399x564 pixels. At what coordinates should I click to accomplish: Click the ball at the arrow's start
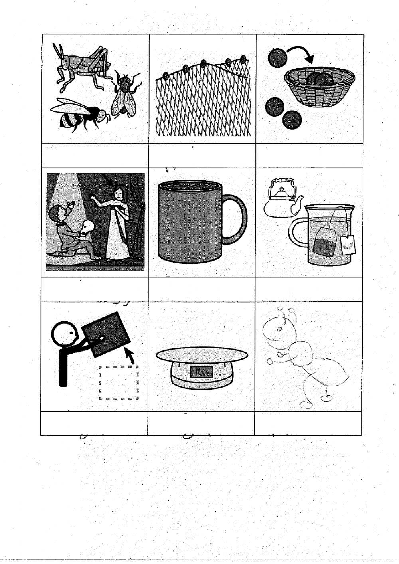coord(277,57)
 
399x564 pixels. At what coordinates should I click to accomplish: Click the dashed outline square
coord(119,382)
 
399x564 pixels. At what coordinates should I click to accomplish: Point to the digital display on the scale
coord(201,372)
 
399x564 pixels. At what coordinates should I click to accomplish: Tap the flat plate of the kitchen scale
coord(201,354)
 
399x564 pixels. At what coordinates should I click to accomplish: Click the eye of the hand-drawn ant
coord(279,329)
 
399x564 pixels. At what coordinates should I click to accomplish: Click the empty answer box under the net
coord(202,156)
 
